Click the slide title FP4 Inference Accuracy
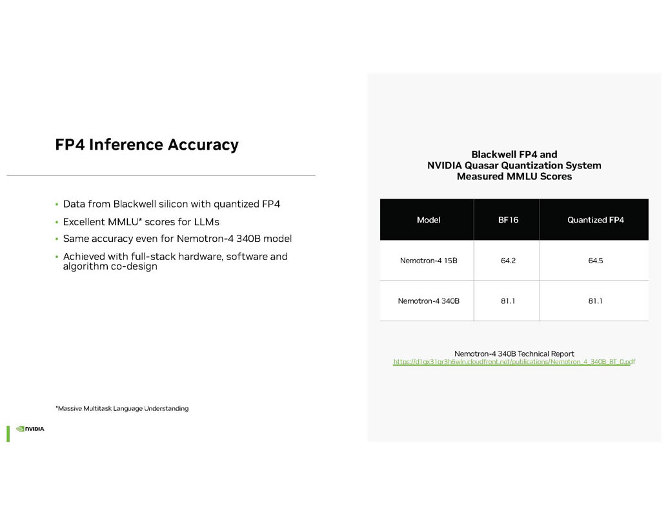tap(147, 144)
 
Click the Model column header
tap(429, 220)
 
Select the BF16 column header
tap(507, 220)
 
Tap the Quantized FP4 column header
tap(595, 220)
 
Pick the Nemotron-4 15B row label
tap(429, 261)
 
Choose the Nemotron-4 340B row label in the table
tap(429, 301)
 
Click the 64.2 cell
tap(507, 261)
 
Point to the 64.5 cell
tap(595, 261)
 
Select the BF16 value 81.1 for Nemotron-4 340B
tap(507, 301)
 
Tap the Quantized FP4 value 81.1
tap(595, 301)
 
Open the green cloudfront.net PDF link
tap(514, 362)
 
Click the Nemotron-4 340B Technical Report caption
tap(514, 353)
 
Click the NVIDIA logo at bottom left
tap(30, 429)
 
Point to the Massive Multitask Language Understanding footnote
tap(122, 408)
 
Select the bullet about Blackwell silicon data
tap(172, 204)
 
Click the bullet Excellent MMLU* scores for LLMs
tap(141, 222)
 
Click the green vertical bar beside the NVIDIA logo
tap(8, 433)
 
